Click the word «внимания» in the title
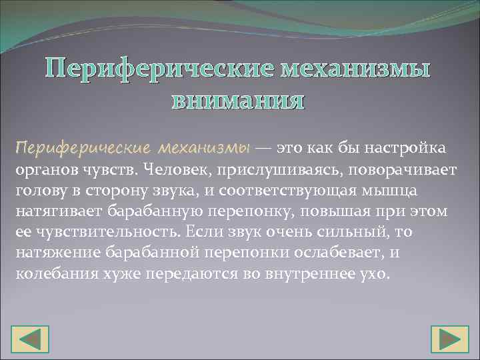[x=238, y=101]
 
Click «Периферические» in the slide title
[x=160, y=69]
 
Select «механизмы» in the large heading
[x=355, y=69]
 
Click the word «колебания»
[x=51, y=275]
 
